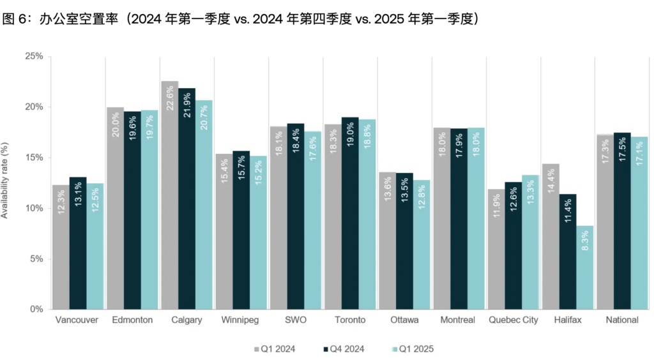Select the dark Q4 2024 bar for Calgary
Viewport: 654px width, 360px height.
click(187, 198)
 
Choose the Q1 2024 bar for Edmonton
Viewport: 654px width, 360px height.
click(115, 208)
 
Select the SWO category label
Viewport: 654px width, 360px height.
click(295, 320)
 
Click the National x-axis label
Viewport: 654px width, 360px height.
click(622, 320)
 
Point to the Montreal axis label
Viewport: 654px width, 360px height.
click(458, 320)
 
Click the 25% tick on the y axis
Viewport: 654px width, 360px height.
click(34, 56)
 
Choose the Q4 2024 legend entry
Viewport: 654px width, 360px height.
click(344, 349)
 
